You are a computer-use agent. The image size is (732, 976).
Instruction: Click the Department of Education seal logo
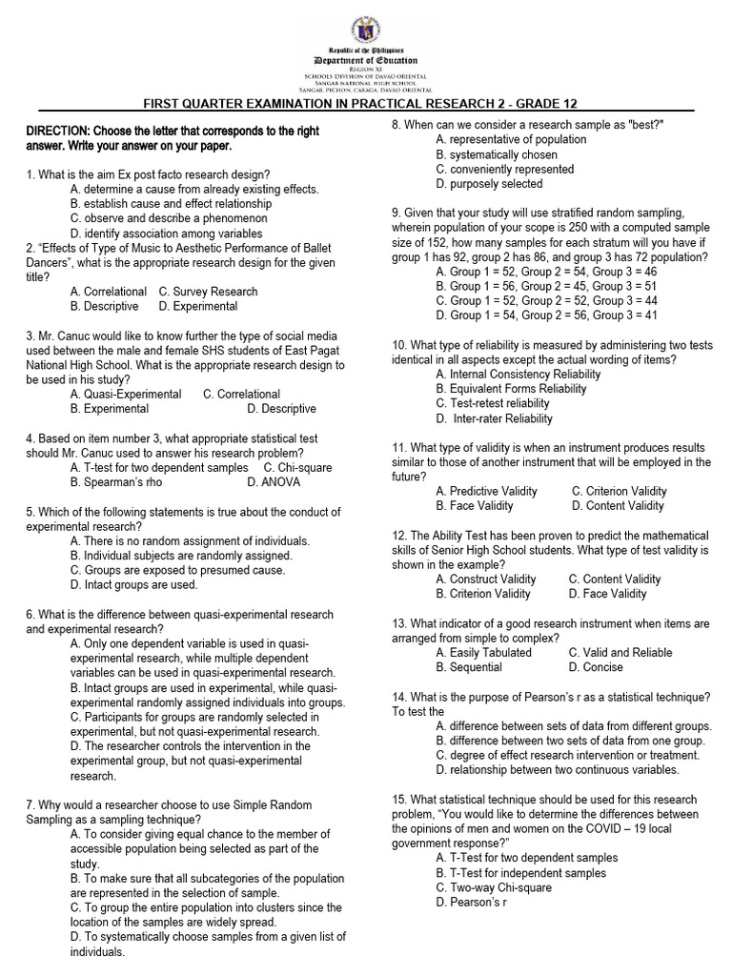(x=367, y=27)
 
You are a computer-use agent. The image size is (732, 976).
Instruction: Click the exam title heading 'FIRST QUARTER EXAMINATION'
(x=359, y=103)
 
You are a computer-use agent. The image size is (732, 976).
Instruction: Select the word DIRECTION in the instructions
(x=58, y=132)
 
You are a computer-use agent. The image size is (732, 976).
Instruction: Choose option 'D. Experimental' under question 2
(x=198, y=307)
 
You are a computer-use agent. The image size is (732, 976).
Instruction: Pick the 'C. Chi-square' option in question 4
(x=298, y=468)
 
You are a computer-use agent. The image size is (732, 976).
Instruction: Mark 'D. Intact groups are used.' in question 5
(x=134, y=585)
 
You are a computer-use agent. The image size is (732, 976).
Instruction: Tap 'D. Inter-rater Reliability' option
(x=494, y=418)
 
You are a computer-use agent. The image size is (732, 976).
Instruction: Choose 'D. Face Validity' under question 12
(x=607, y=594)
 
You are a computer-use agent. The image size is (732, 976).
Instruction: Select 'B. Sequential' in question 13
(x=475, y=667)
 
